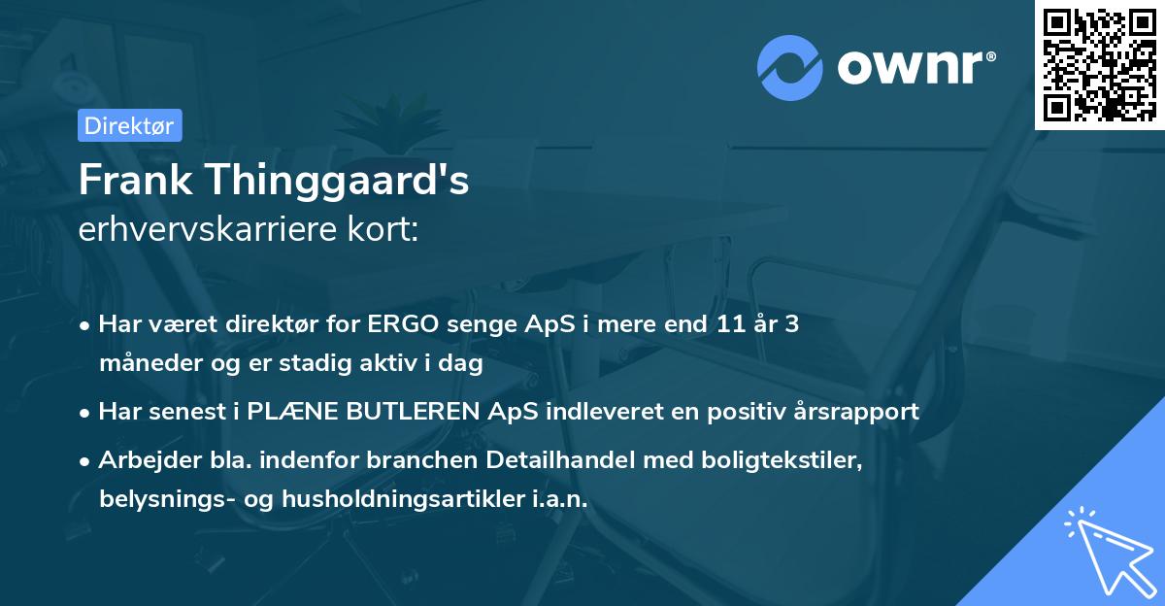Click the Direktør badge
pos(128,125)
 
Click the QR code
pos(1099,64)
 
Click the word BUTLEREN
pos(410,412)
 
